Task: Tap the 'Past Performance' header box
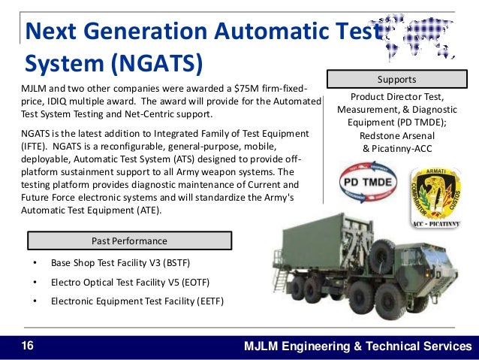pos(129,241)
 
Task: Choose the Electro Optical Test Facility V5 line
pos(130,283)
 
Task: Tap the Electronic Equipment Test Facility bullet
pos(137,301)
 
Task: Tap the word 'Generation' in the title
pos(143,32)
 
